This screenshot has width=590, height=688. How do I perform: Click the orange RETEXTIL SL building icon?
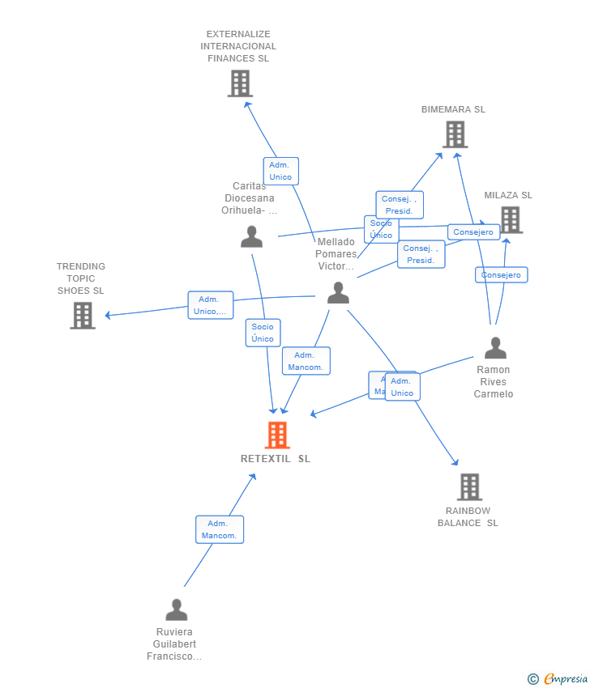click(x=277, y=435)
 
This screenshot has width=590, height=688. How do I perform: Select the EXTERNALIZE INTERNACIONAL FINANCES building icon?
click(x=240, y=83)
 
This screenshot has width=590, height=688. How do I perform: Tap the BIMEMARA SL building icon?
click(x=455, y=134)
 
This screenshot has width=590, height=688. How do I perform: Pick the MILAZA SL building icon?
click(x=511, y=219)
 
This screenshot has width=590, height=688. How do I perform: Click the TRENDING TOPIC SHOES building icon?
click(x=83, y=316)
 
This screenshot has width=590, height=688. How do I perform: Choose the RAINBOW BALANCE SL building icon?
click(x=469, y=487)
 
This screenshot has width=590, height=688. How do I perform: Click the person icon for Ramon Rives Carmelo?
click(x=495, y=348)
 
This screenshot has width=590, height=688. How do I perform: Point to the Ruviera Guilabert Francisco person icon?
click(x=176, y=609)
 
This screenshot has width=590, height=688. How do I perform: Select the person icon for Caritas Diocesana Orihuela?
click(x=251, y=236)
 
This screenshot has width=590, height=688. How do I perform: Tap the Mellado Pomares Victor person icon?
click(x=338, y=293)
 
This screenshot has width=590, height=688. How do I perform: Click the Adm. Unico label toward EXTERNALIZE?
click(x=280, y=171)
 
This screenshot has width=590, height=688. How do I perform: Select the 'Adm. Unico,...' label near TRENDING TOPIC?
click(x=211, y=305)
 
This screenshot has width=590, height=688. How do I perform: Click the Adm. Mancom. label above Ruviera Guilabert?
click(x=219, y=529)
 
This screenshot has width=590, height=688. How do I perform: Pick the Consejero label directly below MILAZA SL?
click(x=501, y=275)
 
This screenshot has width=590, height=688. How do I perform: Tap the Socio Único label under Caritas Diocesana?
click(x=263, y=333)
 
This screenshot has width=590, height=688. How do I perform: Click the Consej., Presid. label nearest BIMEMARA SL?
click(x=399, y=205)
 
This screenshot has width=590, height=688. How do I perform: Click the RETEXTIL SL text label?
click(x=276, y=459)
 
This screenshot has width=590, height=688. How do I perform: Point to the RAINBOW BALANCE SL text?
click(x=468, y=516)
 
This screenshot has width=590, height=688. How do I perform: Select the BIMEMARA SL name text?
click(x=453, y=109)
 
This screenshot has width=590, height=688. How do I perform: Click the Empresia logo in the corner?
click(x=557, y=679)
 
